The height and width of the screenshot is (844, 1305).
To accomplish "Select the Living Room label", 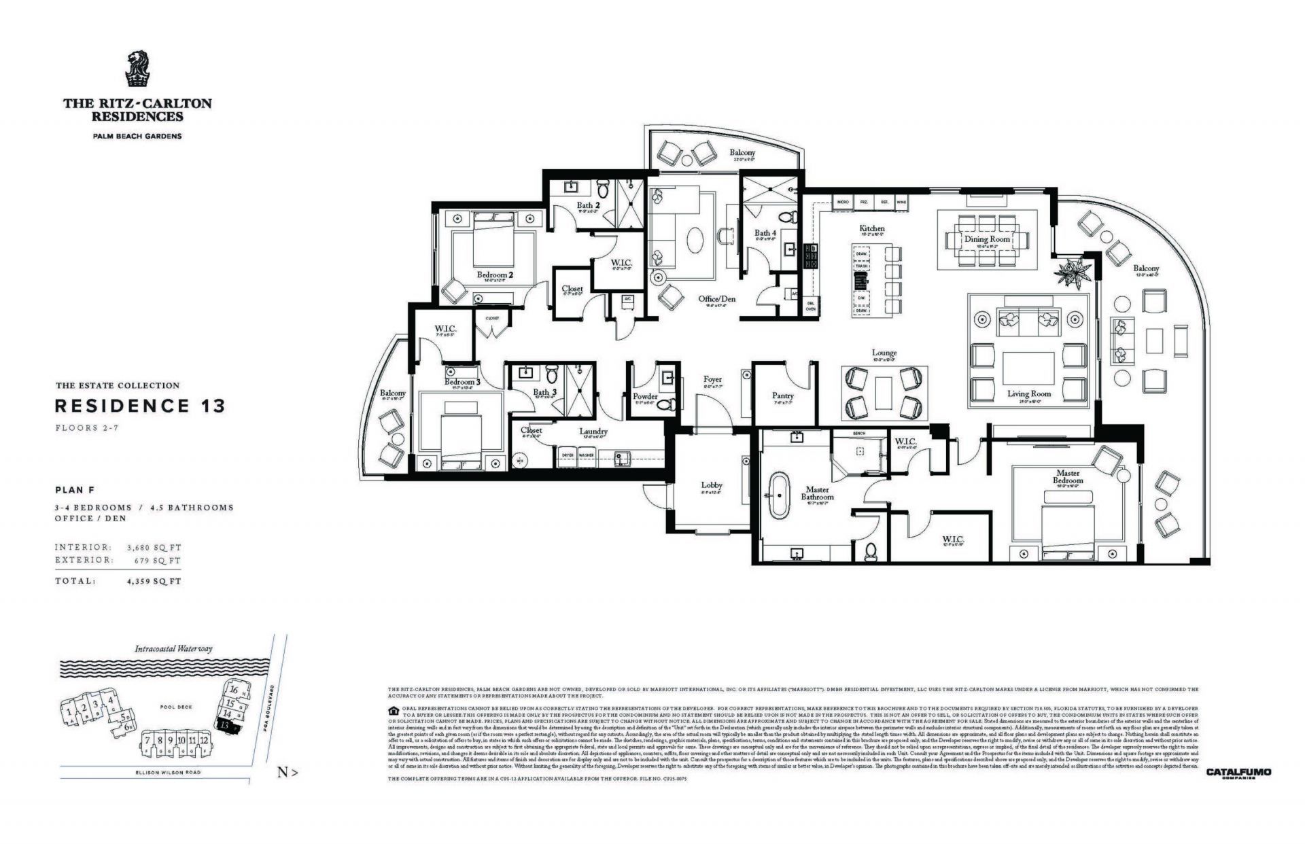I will click(x=1028, y=393).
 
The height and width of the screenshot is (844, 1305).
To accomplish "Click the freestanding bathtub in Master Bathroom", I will click(x=776, y=498).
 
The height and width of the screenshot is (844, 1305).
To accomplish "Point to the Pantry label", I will click(x=783, y=395).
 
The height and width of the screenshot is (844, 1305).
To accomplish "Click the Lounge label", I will click(x=884, y=353).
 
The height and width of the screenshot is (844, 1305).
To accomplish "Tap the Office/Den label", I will click(x=716, y=298).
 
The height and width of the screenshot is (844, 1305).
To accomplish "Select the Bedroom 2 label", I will click(x=494, y=275).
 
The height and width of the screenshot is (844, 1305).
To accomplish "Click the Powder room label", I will click(x=644, y=396).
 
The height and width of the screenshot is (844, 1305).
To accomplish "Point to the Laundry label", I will click(x=593, y=432).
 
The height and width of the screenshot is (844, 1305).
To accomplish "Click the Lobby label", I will click(x=712, y=485).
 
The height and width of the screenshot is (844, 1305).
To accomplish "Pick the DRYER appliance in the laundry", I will click(x=567, y=455).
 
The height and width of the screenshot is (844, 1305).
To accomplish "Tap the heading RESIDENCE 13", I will click(x=139, y=406).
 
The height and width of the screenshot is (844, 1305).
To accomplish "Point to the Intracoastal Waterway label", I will click(x=173, y=648).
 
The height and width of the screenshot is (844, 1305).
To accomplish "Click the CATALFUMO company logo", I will click(x=1238, y=773).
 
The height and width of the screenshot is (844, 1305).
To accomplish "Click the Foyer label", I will click(x=712, y=379).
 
